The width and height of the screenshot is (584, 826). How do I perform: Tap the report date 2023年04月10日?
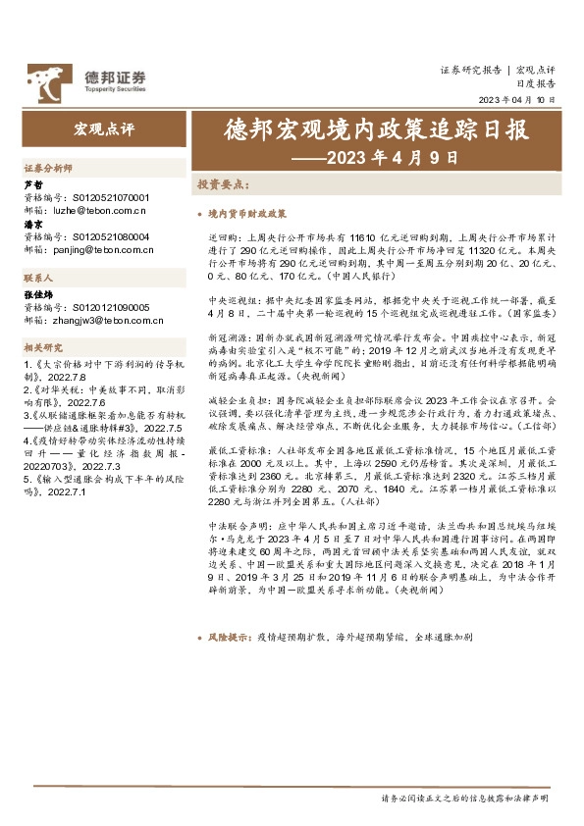pos(516,101)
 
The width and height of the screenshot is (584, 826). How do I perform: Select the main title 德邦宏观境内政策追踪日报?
pos(376,129)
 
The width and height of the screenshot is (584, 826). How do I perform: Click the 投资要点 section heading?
pos(224,184)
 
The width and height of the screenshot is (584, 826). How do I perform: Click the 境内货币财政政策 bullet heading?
pos(246,213)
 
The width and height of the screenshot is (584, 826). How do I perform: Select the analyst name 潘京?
pos(32,224)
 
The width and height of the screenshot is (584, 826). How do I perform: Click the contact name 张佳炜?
pos(37,293)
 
